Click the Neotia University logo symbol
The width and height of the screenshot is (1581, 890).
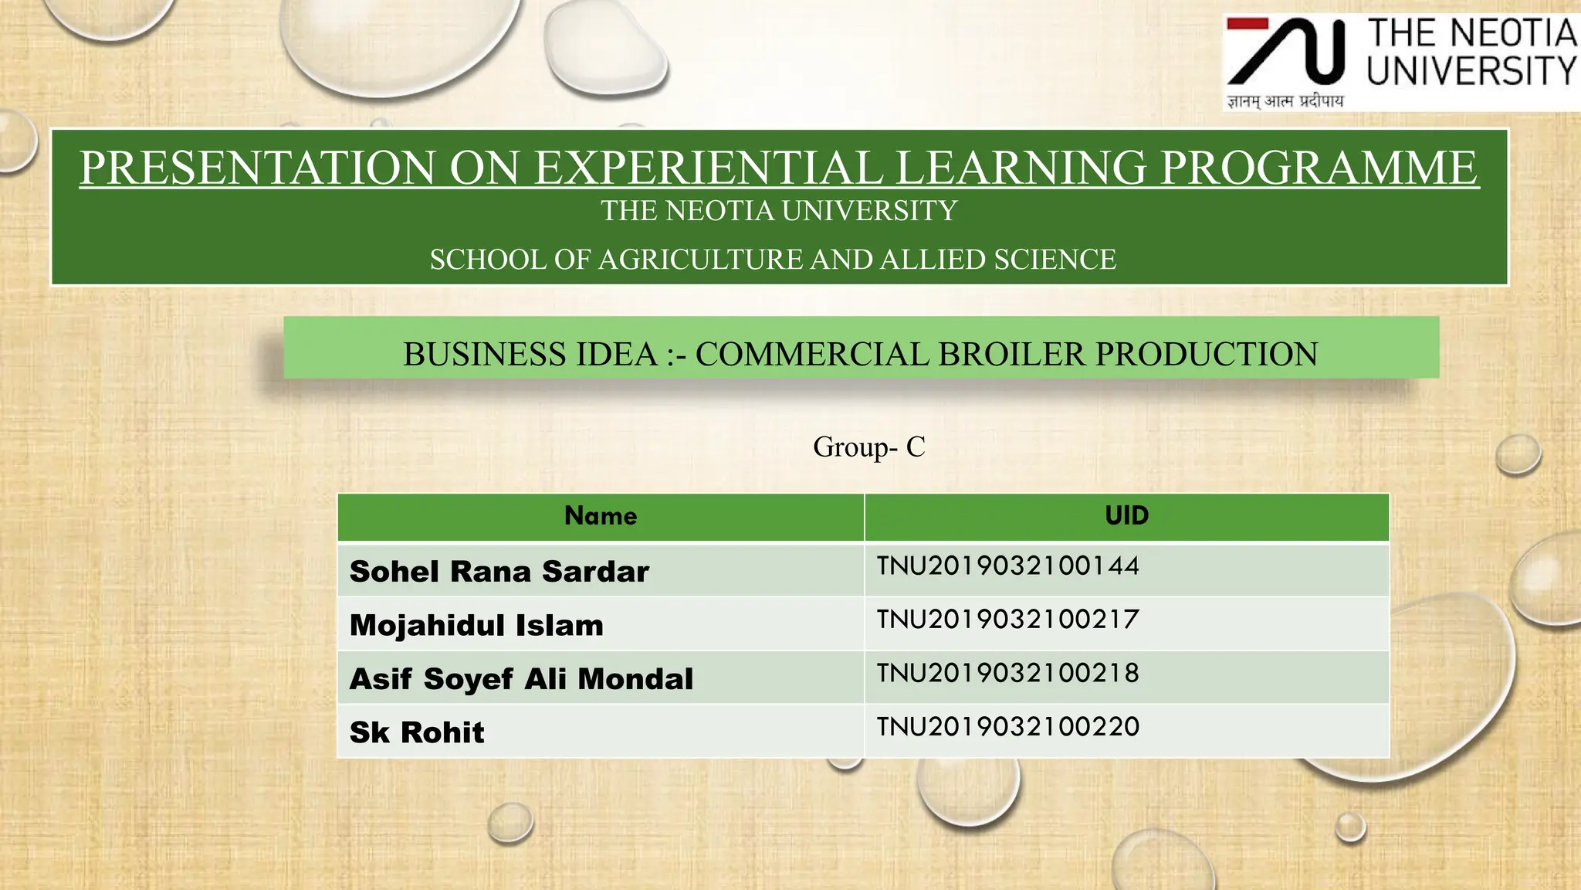1286,52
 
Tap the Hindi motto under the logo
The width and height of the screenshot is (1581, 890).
1285,101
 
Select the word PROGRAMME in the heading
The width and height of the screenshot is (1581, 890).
1319,168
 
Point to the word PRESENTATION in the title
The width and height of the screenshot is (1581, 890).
258,168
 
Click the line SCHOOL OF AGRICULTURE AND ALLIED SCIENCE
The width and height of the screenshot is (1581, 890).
773,260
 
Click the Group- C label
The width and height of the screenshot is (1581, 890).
868,447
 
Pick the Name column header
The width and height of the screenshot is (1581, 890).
601,516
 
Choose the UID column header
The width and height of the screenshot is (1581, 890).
1126,516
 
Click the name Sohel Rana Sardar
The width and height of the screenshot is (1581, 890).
499,572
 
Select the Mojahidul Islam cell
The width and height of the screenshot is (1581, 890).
476,625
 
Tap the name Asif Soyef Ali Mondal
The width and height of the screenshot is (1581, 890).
521,679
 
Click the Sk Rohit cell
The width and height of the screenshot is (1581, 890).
417,732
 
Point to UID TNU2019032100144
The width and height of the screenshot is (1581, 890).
1007,566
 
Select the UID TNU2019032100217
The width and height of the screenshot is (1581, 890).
1007,620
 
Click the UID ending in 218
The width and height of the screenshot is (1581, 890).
1007,674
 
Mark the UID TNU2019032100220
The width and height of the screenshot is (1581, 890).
1007,727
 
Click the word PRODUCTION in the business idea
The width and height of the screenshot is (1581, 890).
1207,355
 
